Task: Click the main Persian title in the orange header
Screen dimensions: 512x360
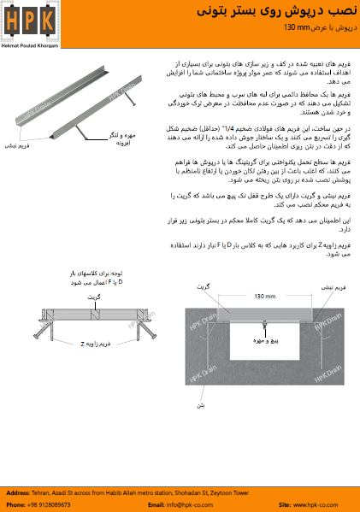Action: click(293, 12)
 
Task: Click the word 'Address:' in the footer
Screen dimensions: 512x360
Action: click(21, 494)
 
